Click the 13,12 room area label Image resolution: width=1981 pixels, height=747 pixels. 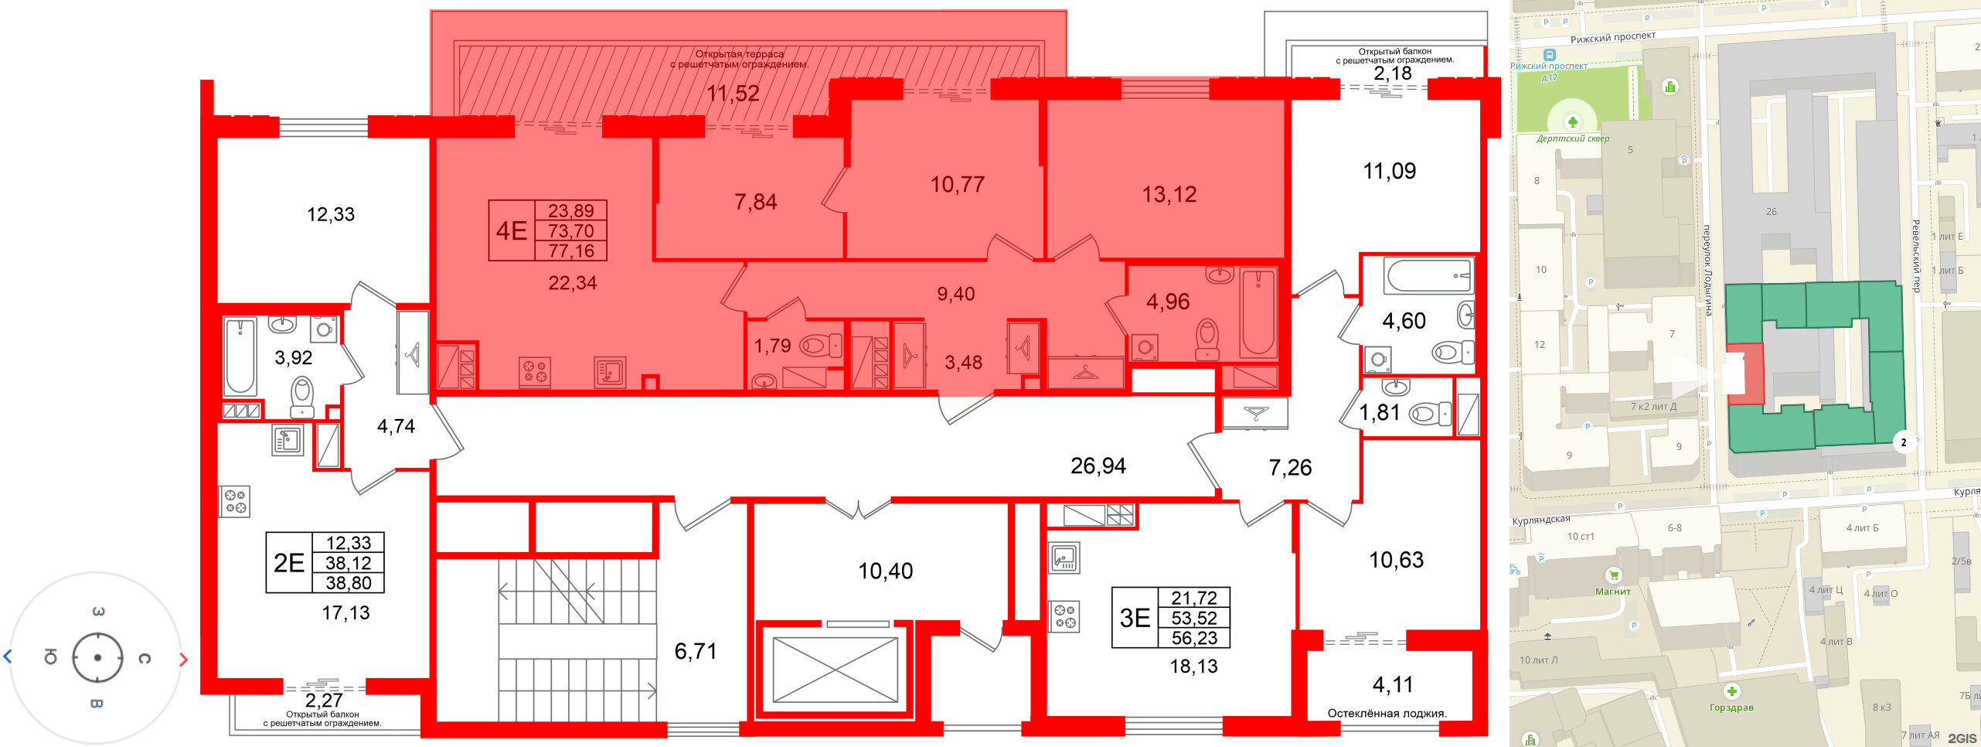[x=1169, y=194]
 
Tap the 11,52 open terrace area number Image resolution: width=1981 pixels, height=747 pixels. [x=733, y=94]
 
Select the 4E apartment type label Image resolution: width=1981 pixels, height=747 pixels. [x=512, y=230]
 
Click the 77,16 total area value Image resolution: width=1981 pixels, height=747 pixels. [x=571, y=251]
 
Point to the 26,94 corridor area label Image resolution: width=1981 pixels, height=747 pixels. [x=1098, y=466]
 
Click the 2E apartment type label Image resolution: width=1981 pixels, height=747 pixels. [x=289, y=563]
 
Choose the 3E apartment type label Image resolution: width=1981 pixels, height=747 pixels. [x=1135, y=618]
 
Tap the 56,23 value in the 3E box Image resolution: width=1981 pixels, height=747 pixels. [x=1194, y=638]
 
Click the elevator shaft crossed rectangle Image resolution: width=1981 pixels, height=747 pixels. [x=836, y=670]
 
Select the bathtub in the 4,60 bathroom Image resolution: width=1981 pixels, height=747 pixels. [x=1428, y=275]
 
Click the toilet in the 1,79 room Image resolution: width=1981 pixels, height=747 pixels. [x=820, y=345]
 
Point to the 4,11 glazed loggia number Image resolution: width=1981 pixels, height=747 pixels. [x=1393, y=684]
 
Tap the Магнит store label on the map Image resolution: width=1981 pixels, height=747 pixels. [x=1613, y=592]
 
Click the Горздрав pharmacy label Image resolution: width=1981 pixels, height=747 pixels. [x=1731, y=708]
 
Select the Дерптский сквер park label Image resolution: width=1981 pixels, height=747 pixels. [x=1573, y=139]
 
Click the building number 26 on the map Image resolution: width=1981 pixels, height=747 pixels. [x=1772, y=211]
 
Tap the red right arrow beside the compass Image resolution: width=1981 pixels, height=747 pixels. [x=183, y=660]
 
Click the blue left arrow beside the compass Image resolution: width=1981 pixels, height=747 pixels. [x=8, y=657]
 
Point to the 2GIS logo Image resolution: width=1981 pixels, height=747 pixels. [x=1962, y=738]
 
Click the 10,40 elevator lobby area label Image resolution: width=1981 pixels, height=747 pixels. [x=886, y=571]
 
